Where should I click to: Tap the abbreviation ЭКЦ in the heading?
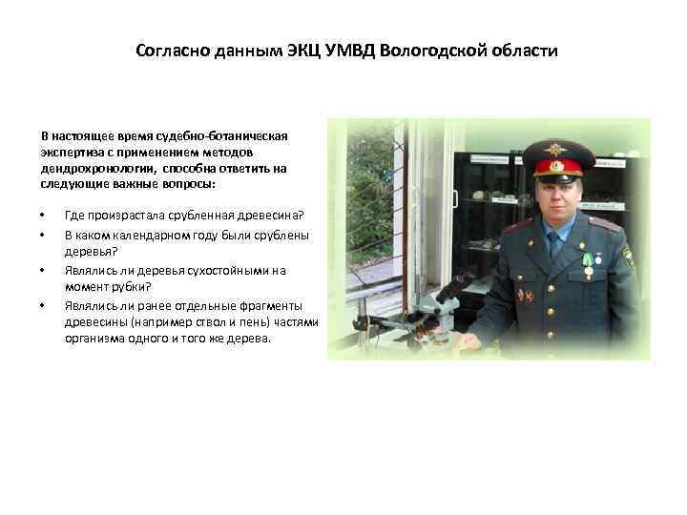311,50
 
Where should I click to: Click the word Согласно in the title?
174,50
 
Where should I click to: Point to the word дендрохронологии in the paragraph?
93,168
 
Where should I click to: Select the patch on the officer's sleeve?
627,257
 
